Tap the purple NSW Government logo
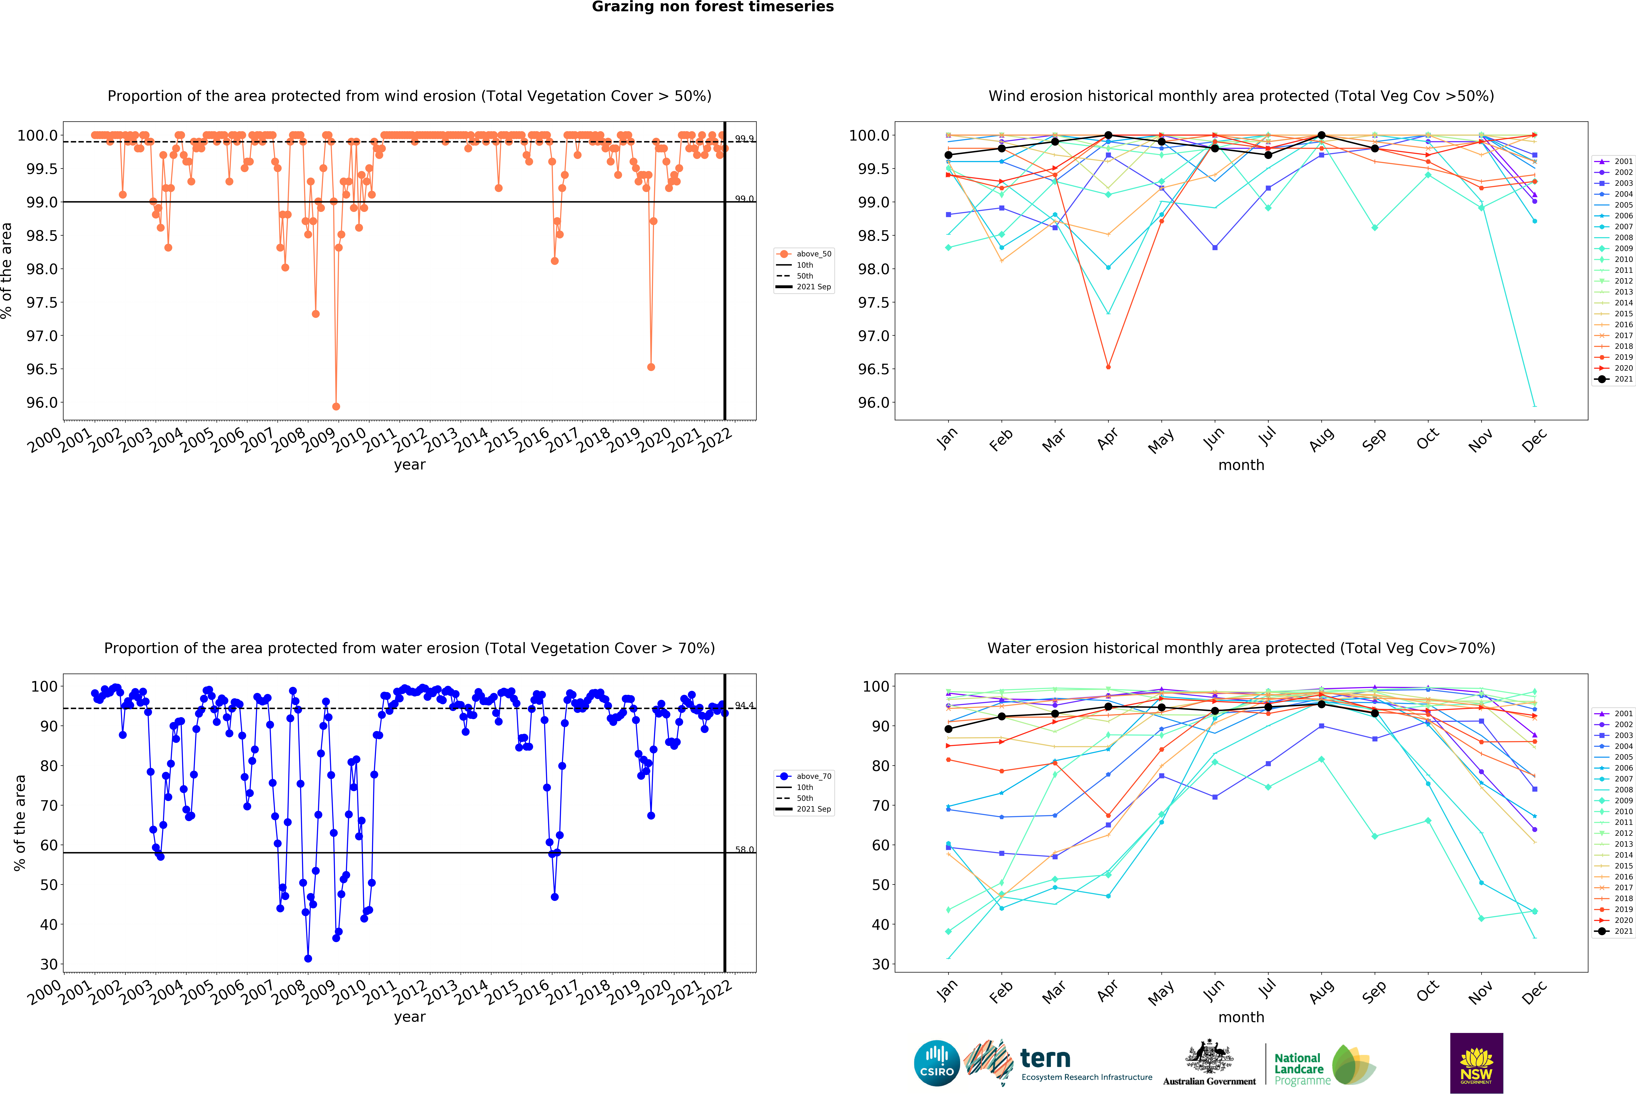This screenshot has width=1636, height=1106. (1476, 1063)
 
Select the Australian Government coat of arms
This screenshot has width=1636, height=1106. (1209, 1056)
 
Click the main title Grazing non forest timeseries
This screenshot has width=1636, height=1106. (712, 7)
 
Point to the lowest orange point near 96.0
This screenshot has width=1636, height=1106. (336, 406)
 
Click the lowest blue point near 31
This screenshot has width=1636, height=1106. (308, 958)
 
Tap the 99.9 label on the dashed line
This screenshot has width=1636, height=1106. (744, 139)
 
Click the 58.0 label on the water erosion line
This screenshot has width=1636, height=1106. (744, 850)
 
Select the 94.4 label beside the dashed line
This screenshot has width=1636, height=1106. (744, 705)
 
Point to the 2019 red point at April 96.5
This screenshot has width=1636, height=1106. (1108, 367)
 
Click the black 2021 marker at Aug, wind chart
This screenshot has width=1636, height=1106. (1321, 135)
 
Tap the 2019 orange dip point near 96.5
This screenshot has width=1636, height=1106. (651, 367)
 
